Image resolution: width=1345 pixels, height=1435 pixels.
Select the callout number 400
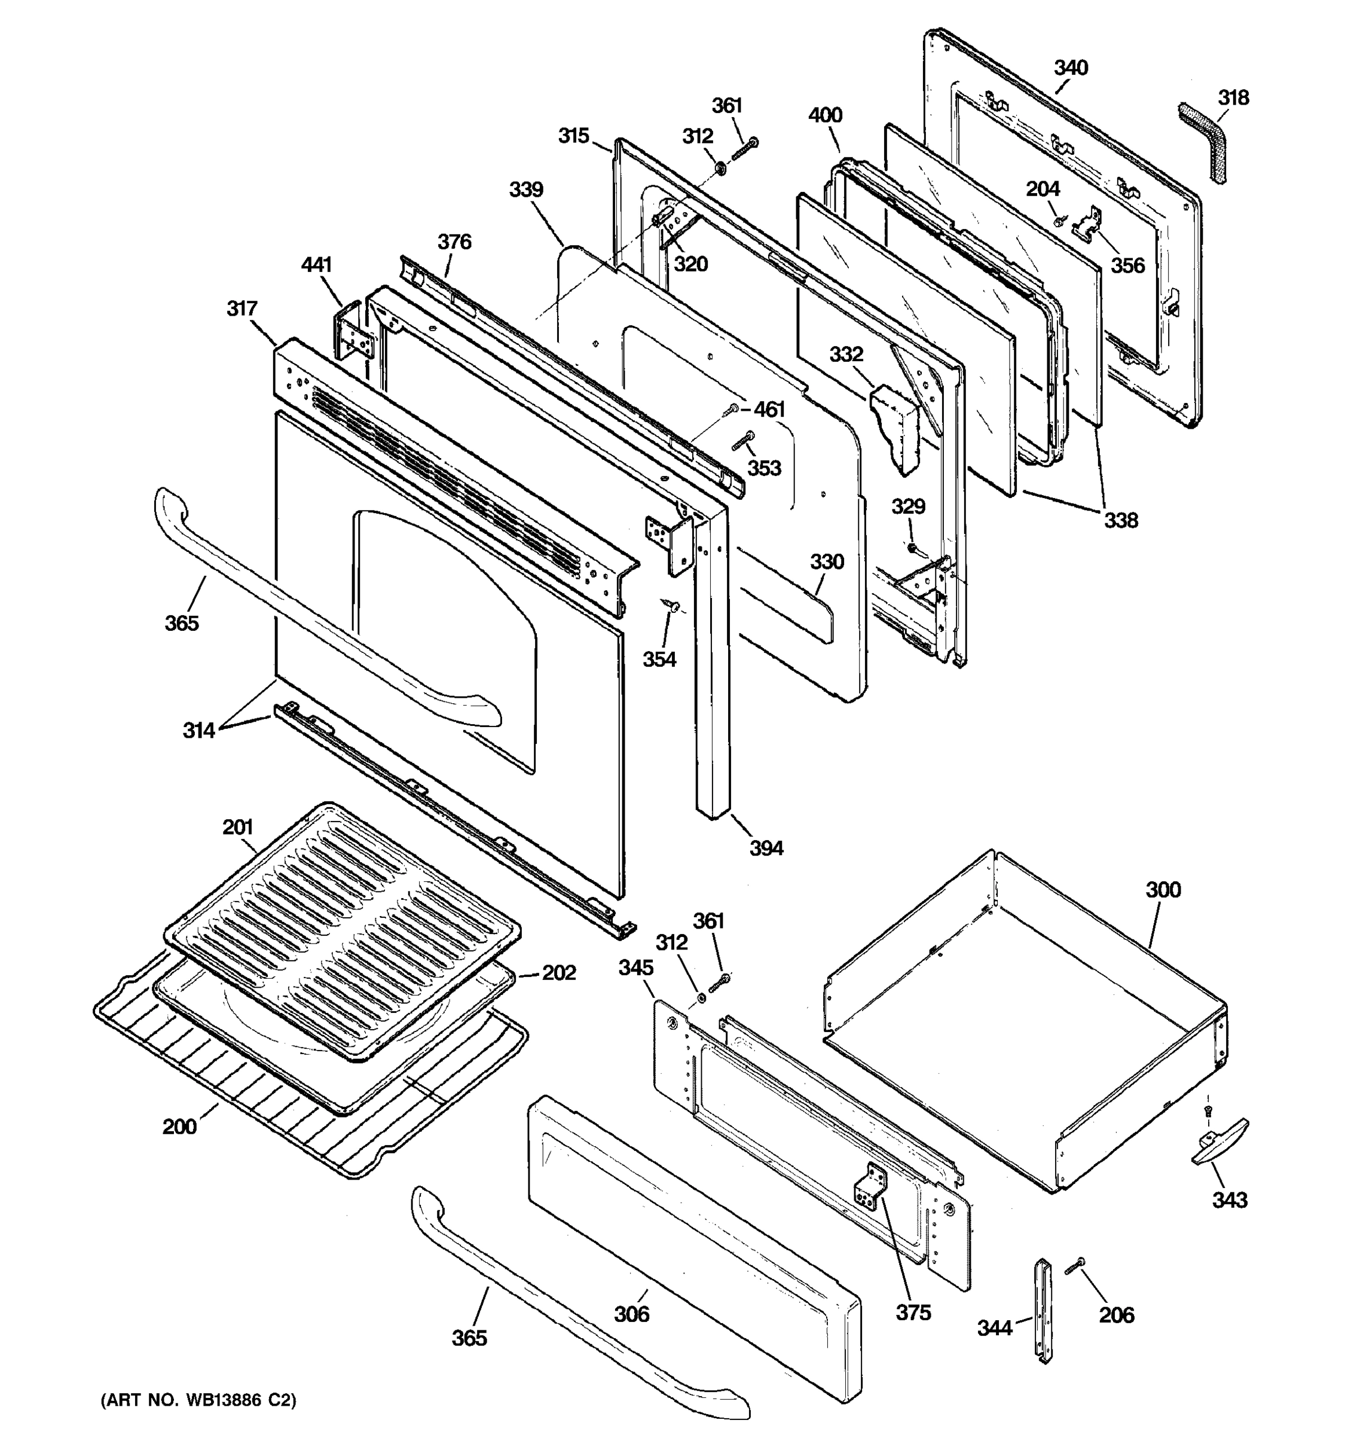coord(825,115)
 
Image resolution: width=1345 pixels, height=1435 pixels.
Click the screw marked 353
coord(743,440)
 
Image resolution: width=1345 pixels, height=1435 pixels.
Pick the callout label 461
coord(769,410)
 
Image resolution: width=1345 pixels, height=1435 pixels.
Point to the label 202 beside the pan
coord(559,972)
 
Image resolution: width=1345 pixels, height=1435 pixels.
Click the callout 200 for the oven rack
coord(179,1125)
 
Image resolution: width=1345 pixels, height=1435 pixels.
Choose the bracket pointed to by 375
coord(870,1191)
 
